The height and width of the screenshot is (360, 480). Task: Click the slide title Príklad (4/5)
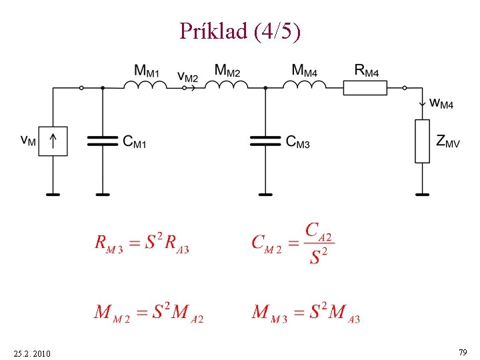click(x=240, y=30)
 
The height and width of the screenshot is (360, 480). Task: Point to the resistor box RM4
click(x=365, y=87)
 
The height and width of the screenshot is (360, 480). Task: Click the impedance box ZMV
click(x=423, y=141)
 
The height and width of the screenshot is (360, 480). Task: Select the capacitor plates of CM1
click(x=103, y=141)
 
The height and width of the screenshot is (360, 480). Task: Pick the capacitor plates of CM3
click(x=265, y=141)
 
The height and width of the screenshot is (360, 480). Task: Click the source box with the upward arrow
click(x=53, y=141)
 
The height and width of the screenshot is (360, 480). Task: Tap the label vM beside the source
click(x=28, y=141)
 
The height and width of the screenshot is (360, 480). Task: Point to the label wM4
click(x=441, y=104)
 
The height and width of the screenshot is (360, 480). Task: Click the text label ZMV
click(x=447, y=141)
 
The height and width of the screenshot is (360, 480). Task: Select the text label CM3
click(x=297, y=141)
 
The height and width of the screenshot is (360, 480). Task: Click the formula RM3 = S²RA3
click(x=142, y=243)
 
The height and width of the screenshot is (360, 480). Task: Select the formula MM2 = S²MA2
click(x=149, y=312)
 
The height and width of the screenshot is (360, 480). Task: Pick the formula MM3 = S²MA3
click(x=306, y=312)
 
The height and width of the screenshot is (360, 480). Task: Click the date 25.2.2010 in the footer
click(x=31, y=352)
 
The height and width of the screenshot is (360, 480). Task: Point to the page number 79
click(x=462, y=351)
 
